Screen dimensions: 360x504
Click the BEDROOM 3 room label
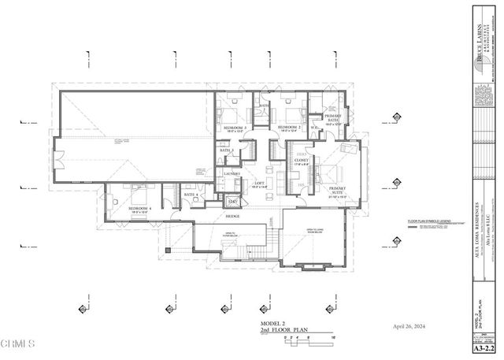[235, 127]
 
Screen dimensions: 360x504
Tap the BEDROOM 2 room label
[288, 127]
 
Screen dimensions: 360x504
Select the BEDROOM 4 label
[139, 209]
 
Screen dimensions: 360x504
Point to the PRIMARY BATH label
[332, 117]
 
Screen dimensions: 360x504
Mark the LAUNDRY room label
[232, 173]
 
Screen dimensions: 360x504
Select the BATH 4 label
[190, 195]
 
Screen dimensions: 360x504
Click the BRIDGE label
[233, 216]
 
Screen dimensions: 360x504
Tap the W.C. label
[313, 127]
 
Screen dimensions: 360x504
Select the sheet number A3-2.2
[484, 347]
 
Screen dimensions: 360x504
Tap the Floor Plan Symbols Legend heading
[429, 221]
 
